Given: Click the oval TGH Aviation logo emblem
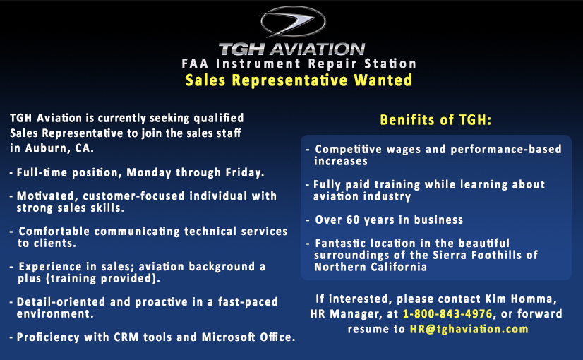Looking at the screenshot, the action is point(293,22).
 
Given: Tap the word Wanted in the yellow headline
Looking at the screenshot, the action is point(383,80).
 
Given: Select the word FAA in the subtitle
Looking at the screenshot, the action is point(195,64).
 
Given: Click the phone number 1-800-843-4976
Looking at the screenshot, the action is point(447,314).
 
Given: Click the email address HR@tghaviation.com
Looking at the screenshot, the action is point(469,329).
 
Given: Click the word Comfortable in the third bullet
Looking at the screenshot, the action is point(54,232).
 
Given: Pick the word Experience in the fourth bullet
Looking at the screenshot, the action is point(50,267).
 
